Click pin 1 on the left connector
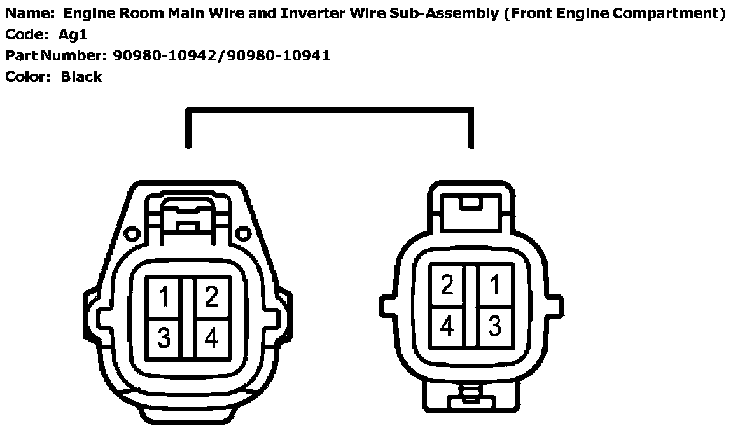[x=164, y=296]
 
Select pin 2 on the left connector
[x=211, y=296]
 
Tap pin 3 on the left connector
[x=164, y=338]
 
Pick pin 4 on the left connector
[x=211, y=338]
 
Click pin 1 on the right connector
[x=494, y=286]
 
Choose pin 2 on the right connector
[x=447, y=286]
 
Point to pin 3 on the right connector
[x=494, y=326]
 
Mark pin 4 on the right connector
[x=447, y=326]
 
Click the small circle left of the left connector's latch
[x=132, y=235]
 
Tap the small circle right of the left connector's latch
[x=242, y=235]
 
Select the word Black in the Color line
[x=81, y=77]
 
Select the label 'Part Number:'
[x=56, y=55]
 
